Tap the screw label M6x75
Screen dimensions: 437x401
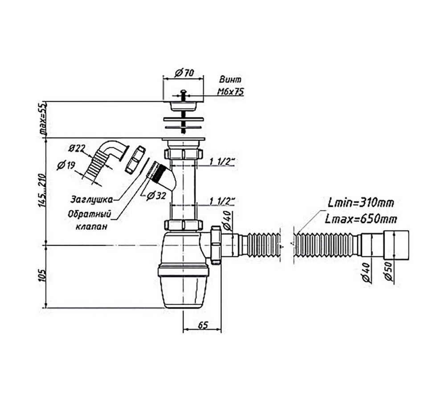click(230, 92)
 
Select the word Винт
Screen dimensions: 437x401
click(230, 79)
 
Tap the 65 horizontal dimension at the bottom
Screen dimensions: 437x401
click(204, 325)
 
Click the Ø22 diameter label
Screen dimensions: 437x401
click(76, 149)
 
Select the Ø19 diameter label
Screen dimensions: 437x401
click(66, 165)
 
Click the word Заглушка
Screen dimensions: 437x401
click(92, 200)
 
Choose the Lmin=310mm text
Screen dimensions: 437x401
click(361, 203)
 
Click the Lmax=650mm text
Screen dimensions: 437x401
click(361, 219)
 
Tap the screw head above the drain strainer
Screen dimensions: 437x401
click(183, 91)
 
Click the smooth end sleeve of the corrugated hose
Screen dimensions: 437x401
click(396, 245)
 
